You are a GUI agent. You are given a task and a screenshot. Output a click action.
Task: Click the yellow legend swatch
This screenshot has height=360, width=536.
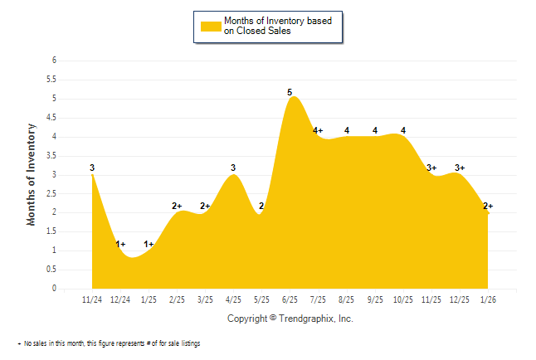point(211,26)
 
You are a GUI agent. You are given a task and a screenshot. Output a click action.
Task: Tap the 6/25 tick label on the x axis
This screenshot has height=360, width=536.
point(290,299)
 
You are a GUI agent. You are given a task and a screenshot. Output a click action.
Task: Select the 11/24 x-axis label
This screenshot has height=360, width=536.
point(92,299)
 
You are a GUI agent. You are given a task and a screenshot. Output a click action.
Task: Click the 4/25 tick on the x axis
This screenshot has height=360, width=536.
point(233,299)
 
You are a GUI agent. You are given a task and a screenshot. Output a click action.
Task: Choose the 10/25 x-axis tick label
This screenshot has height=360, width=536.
point(402,299)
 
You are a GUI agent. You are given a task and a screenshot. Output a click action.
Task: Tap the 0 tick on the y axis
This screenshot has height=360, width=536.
point(54,289)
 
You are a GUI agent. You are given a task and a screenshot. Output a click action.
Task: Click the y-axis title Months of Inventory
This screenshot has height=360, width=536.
point(32,174)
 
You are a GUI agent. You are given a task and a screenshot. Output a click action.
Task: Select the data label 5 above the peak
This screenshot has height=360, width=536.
point(290,92)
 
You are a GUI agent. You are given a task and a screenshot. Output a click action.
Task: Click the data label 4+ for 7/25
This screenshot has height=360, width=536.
point(318,130)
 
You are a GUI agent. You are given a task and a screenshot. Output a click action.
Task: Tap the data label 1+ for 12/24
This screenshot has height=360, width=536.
point(120,244)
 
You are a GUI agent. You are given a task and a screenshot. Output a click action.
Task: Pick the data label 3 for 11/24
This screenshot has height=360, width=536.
point(92,168)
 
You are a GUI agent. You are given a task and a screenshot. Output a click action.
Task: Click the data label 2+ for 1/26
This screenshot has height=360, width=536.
point(488,206)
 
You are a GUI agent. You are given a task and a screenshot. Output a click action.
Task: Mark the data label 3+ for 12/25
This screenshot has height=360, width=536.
point(459,168)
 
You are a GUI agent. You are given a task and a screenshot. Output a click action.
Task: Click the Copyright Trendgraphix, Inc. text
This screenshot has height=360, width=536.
point(290,319)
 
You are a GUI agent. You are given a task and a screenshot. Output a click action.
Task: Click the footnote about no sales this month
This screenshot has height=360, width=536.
point(109,343)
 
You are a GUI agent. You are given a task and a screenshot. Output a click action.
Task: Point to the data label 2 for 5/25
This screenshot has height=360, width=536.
point(261,206)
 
